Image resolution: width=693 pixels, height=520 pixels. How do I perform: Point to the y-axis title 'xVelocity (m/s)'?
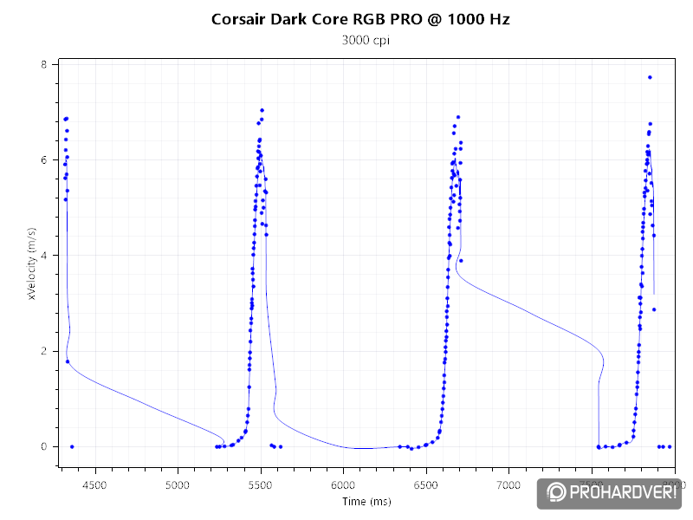(x=32, y=263)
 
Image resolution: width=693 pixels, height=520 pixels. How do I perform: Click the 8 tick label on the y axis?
(x=45, y=65)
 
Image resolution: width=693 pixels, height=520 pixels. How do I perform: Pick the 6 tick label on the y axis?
(x=45, y=160)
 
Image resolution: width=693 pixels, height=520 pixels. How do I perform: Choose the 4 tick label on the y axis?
(x=45, y=256)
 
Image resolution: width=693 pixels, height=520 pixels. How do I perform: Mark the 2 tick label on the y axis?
(x=45, y=351)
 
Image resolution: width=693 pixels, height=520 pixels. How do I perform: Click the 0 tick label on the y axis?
(x=45, y=446)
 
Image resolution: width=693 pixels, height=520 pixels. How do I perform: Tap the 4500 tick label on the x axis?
(x=94, y=485)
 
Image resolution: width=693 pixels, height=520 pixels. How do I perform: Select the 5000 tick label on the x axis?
(x=178, y=485)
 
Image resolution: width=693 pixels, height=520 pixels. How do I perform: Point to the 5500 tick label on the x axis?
(x=260, y=485)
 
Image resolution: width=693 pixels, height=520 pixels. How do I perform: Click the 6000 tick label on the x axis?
(x=343, y=485)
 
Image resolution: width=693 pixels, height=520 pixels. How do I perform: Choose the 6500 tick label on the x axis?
(x=425, y=485)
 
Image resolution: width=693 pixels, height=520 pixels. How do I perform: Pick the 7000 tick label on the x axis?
(x=508, y=485)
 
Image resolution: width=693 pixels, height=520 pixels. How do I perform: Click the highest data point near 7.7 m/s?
(x=650, y=77)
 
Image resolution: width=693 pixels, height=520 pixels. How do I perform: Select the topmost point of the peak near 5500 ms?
(x=262, y=111)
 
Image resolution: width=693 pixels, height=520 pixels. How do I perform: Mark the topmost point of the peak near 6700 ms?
(x=458, y=117)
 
